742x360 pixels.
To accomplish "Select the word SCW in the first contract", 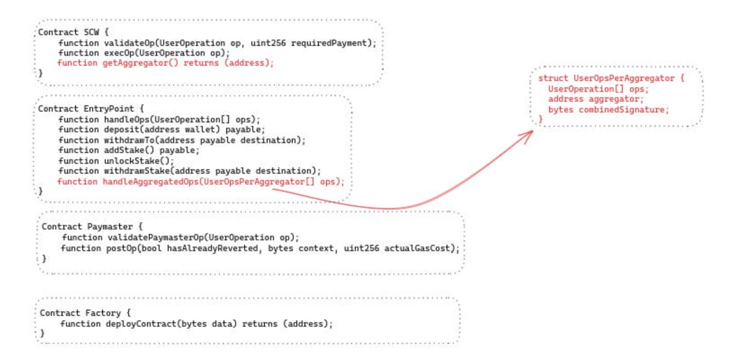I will pyautogui.click(x=91, y=32).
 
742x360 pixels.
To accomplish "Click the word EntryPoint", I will pyautogui.click(x=108, y=109).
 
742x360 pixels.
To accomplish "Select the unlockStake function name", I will pyautogui.click(x=131, y=161).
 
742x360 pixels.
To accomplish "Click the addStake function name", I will pyautogui.click(x=124, y=150).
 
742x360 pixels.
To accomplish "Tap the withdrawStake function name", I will pyautogui.click(x=136, y=171).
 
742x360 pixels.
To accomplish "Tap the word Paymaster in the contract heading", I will pyautogui.click(x=110, y=227).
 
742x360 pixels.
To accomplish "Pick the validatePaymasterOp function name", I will pyautogui.click(x=155, y=238).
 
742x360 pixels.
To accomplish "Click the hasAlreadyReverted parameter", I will pyautogui.click(x=213, y=248).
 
